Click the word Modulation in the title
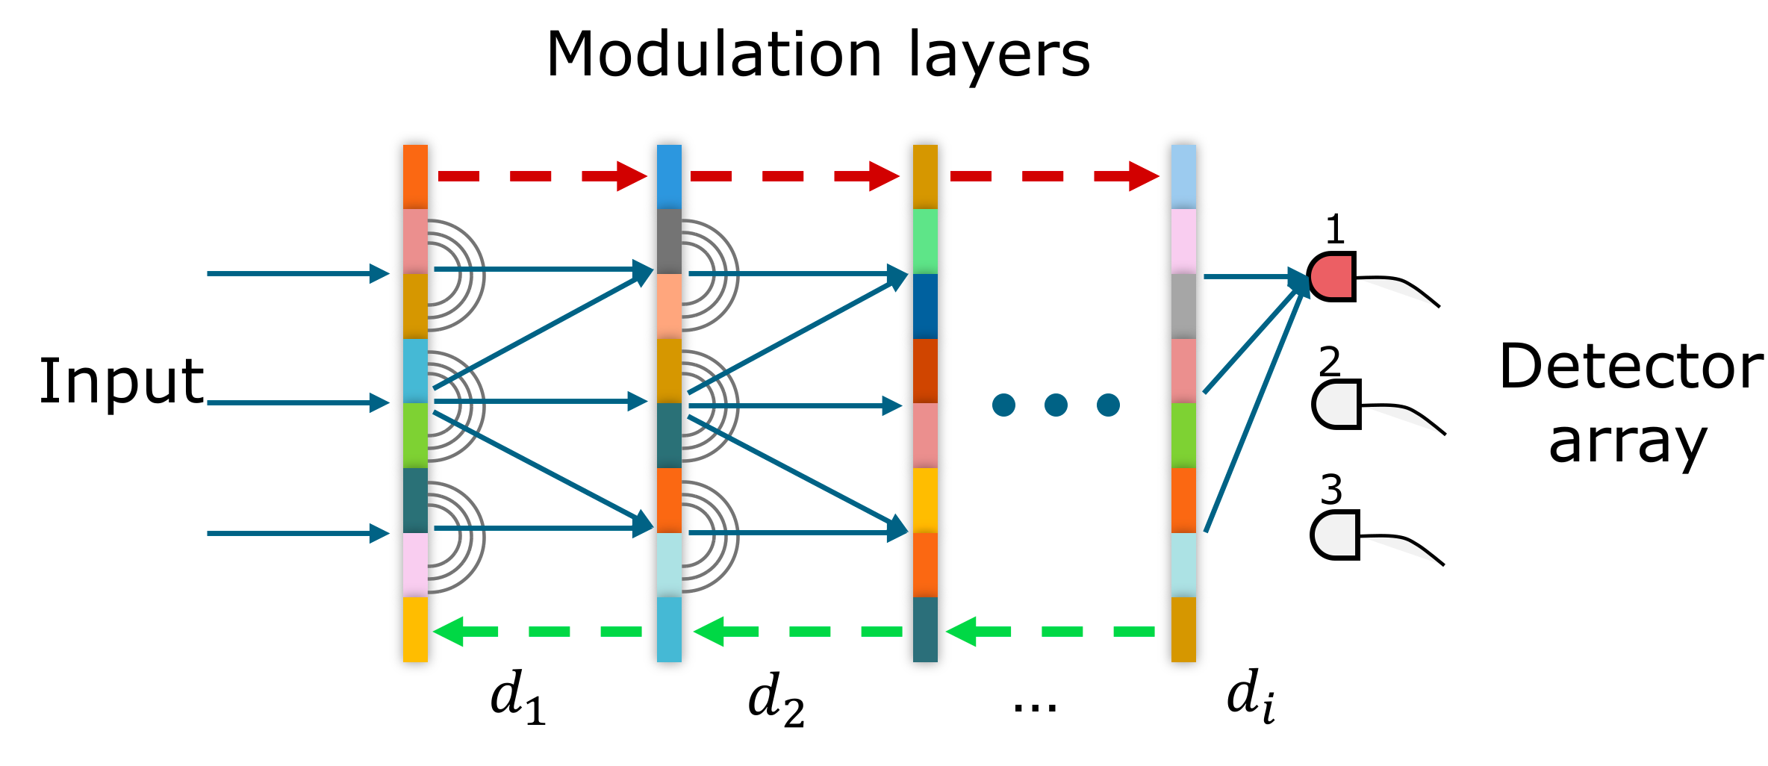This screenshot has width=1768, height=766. point(714,55)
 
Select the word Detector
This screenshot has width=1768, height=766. point(1631,367)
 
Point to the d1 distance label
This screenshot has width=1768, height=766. point(517,697)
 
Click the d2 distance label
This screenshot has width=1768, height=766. point(775,699)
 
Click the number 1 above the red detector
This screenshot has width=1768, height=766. point(1335,230)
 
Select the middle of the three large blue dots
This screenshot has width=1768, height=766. point(1056,405)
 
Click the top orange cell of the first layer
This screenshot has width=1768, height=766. point(415,176)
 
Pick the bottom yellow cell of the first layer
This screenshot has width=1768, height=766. point(415,629)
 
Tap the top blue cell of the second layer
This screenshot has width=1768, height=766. point(669,176)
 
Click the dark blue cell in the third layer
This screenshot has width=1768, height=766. point(925,306)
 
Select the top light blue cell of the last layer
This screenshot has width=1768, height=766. point(1183,176)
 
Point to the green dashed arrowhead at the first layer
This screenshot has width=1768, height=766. point(449,632)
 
